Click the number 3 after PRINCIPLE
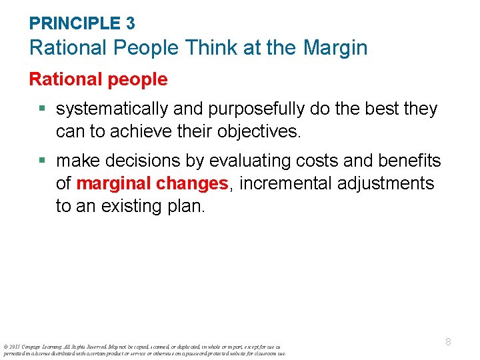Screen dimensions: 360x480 130,23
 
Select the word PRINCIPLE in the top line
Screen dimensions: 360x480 75,23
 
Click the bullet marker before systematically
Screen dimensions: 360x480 43,109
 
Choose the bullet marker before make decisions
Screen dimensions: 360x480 43,161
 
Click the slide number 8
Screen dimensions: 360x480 448,342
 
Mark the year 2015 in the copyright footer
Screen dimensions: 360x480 14,347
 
